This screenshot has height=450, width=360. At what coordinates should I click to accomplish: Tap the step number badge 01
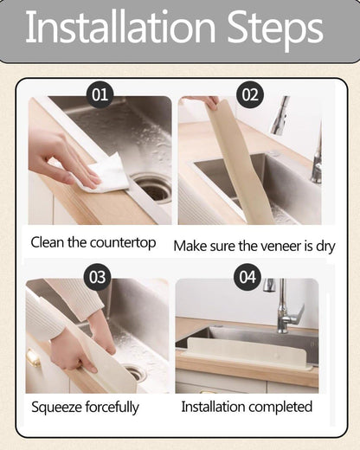(x=100, y=93)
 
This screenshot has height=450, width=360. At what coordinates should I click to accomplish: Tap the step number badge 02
(x=249, y=94)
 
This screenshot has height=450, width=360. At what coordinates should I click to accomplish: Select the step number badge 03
(x=98, y=277)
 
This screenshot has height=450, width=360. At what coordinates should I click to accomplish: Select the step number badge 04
(x=247, y=277)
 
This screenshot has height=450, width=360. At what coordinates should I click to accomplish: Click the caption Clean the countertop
(x=93, y=242)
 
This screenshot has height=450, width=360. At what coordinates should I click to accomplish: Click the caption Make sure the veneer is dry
(x=254, y=246)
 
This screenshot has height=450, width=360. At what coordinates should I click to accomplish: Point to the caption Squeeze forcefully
(x=85, y=407)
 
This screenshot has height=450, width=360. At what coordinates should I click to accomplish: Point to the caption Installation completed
(x=247, y=407)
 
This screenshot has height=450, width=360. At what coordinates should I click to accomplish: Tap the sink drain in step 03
(x=134, y=372)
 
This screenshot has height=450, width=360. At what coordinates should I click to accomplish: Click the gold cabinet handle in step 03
(x=34, y=357)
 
